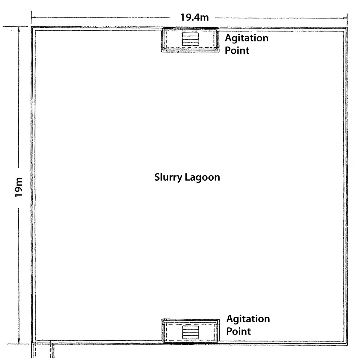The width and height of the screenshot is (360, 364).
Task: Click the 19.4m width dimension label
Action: click(194, 17)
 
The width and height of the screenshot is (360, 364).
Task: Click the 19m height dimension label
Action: click(19, 187)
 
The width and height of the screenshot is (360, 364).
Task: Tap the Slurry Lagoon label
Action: click(187, 177)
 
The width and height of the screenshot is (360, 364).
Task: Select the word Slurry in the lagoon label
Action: click(168, 177)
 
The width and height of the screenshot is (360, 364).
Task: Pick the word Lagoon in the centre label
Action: click(202, 177)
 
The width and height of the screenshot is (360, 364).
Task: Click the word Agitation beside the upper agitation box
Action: click(247, 38)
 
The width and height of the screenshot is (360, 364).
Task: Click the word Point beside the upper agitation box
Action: click(237, 50)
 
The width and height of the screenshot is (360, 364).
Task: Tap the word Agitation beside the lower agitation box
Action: click(248, 319)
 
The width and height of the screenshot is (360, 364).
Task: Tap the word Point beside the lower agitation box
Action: click(238, 331)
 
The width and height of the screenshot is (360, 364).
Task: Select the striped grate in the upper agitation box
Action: click(190, 39)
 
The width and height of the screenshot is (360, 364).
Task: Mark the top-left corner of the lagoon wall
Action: click(31, 27)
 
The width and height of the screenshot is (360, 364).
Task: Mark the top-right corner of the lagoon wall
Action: click(347, 28)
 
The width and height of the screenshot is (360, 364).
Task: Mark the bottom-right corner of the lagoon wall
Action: click(347, 345)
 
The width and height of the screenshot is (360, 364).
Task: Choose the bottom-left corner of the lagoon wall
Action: click(31, 344)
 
